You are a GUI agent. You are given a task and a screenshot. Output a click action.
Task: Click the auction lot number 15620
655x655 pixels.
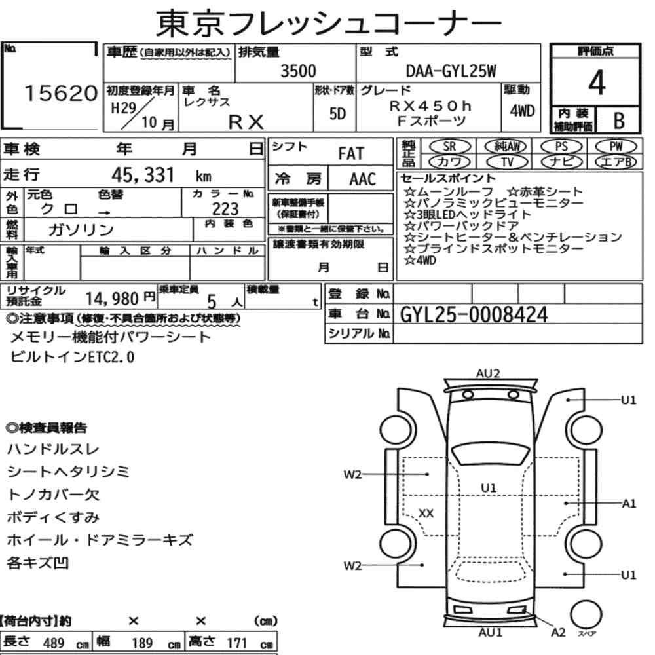tap(61, 93)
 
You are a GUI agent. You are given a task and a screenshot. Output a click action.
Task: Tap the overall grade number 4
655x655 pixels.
tap(597, 83)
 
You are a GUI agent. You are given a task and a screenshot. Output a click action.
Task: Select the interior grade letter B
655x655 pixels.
tap(619, 121)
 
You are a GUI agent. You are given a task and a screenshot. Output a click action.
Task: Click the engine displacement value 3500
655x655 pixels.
tap(298, 71)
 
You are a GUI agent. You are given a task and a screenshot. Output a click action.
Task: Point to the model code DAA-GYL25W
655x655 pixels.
tap(451, 71)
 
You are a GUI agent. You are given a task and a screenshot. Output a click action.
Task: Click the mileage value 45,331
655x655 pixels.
tap(142, 175)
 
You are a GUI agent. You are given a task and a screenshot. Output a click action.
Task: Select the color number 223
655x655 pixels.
tap(225, 208)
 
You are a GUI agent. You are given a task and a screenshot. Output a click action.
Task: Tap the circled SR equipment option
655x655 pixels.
tap(449, 147)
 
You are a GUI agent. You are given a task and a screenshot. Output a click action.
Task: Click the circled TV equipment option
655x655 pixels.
tap(507, 162)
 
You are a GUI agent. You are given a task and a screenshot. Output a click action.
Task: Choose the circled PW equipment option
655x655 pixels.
tap(616, 147)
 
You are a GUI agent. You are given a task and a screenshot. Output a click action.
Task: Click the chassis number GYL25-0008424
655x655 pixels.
tap(474, 314)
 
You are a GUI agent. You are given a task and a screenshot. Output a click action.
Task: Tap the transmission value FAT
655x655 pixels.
tap(351, 154)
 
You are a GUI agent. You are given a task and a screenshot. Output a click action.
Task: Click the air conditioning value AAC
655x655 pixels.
tap(363, 179)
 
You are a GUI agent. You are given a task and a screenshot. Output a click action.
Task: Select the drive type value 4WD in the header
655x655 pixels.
tap(522, 111)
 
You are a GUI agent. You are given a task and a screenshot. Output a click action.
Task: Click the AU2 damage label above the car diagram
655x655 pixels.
tap(488, 373)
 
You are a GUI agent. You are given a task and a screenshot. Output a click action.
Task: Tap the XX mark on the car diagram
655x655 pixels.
tap(426, 513)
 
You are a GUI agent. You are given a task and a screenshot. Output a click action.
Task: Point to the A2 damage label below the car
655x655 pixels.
tap(558, 633)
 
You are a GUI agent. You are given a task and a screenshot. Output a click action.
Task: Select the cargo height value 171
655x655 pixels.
tap(236, 643)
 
